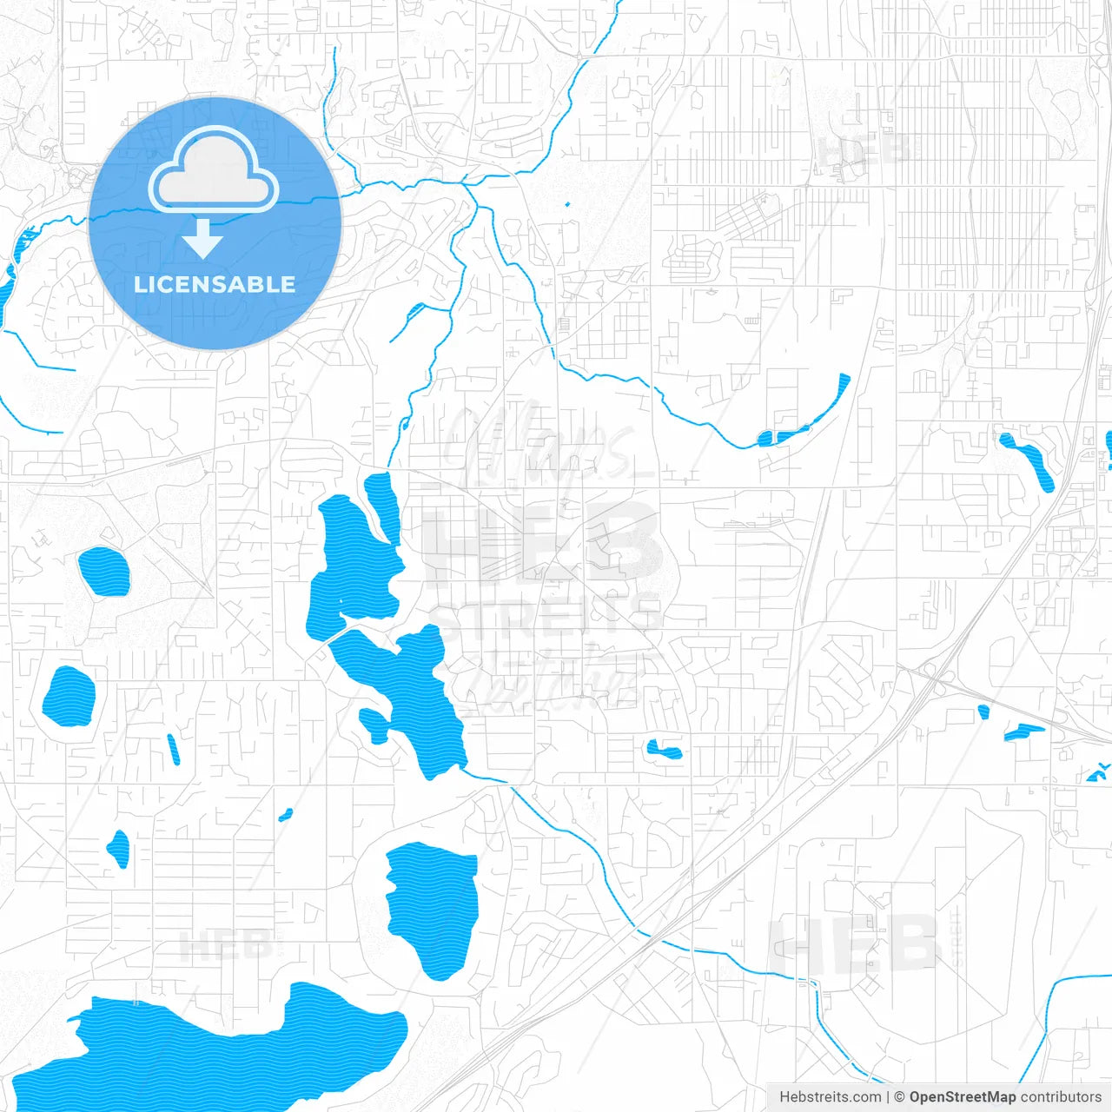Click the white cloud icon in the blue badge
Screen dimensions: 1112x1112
[214, 170]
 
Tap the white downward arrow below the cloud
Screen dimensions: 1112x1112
[202, 238]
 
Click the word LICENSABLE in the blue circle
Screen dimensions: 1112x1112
[215, 285]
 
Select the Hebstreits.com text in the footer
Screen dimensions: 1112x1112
[830, 1097]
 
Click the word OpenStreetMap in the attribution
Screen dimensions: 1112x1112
[963, 1097]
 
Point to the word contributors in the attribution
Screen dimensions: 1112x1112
[1061, 1097]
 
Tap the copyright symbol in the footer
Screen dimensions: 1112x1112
[899, 1097]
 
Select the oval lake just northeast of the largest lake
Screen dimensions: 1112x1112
[433, 908]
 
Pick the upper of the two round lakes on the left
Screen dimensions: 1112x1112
[104, 572]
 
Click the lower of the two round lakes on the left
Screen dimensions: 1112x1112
[69, 696]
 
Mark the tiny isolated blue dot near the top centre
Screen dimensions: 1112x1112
[567, 205]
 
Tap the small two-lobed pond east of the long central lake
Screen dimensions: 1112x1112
[665, 748]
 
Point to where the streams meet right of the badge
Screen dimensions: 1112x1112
[465, 183]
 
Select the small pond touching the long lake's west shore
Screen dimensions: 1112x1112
[374, 723]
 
